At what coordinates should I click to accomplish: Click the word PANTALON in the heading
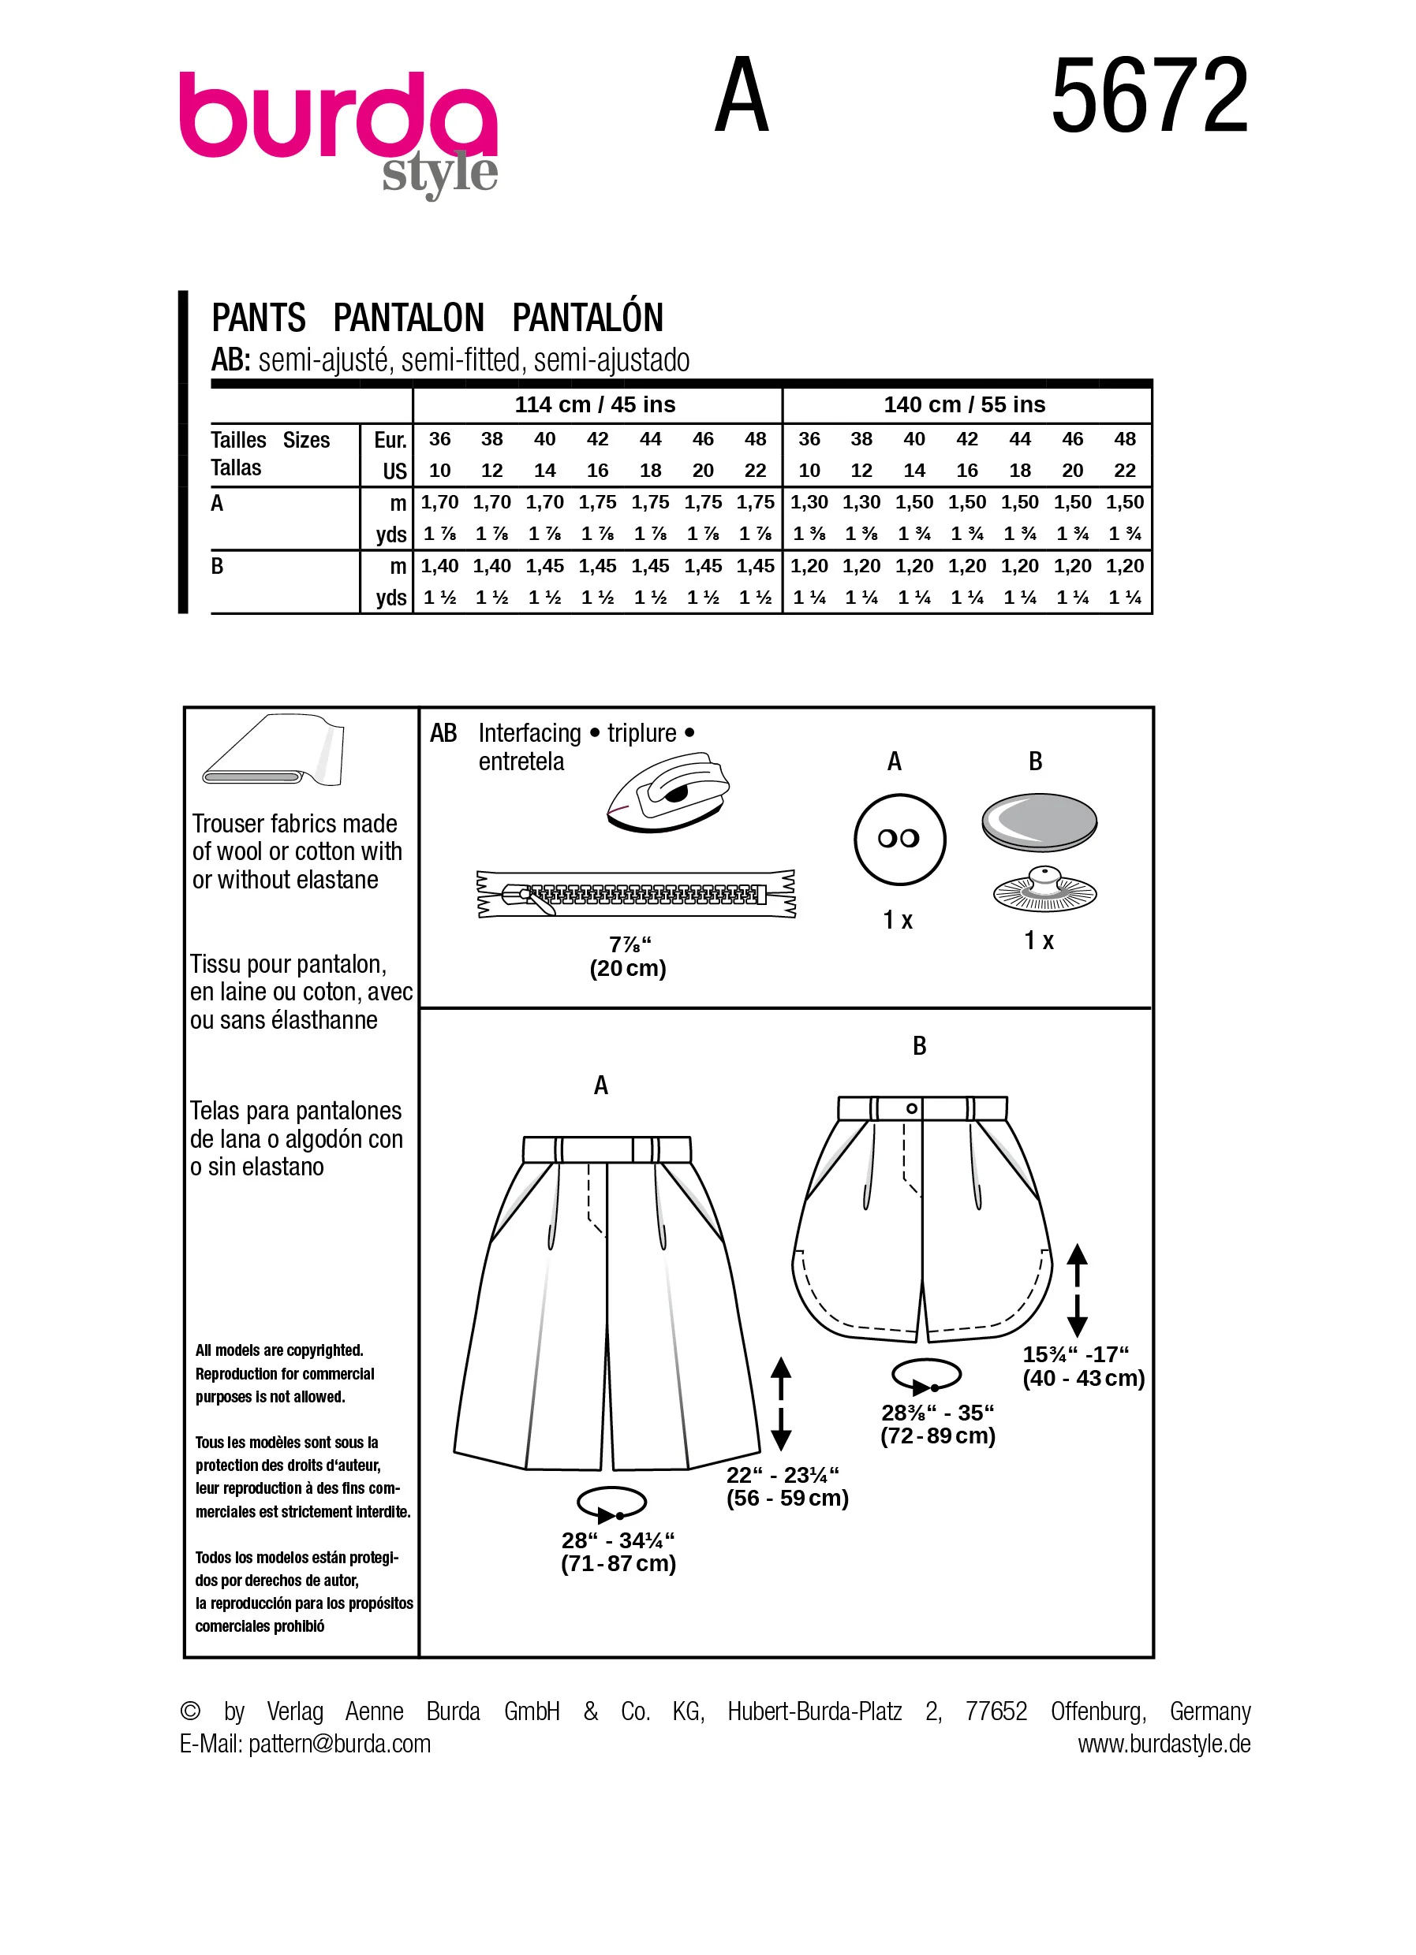[x=409, y=317]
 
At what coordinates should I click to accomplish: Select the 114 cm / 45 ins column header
[x=595, y=404]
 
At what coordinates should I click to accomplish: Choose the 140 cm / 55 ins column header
[x=964, y=404]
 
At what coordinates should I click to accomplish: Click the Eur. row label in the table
[x=390, y=440]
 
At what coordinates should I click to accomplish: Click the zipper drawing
[x=636, y=894]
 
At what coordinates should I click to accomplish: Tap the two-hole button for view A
[x=899, y=839]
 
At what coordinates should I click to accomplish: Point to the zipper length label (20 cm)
[x=628, y=968]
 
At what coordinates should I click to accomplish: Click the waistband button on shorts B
[x=911, y=1108]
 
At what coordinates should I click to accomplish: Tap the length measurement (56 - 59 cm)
[x=787, y=1497]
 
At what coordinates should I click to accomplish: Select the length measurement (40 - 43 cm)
[x=1084, y=1377]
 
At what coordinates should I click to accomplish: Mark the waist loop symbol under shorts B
[x=927, y=1376]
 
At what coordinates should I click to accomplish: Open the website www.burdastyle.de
[x=1164, y=1743]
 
